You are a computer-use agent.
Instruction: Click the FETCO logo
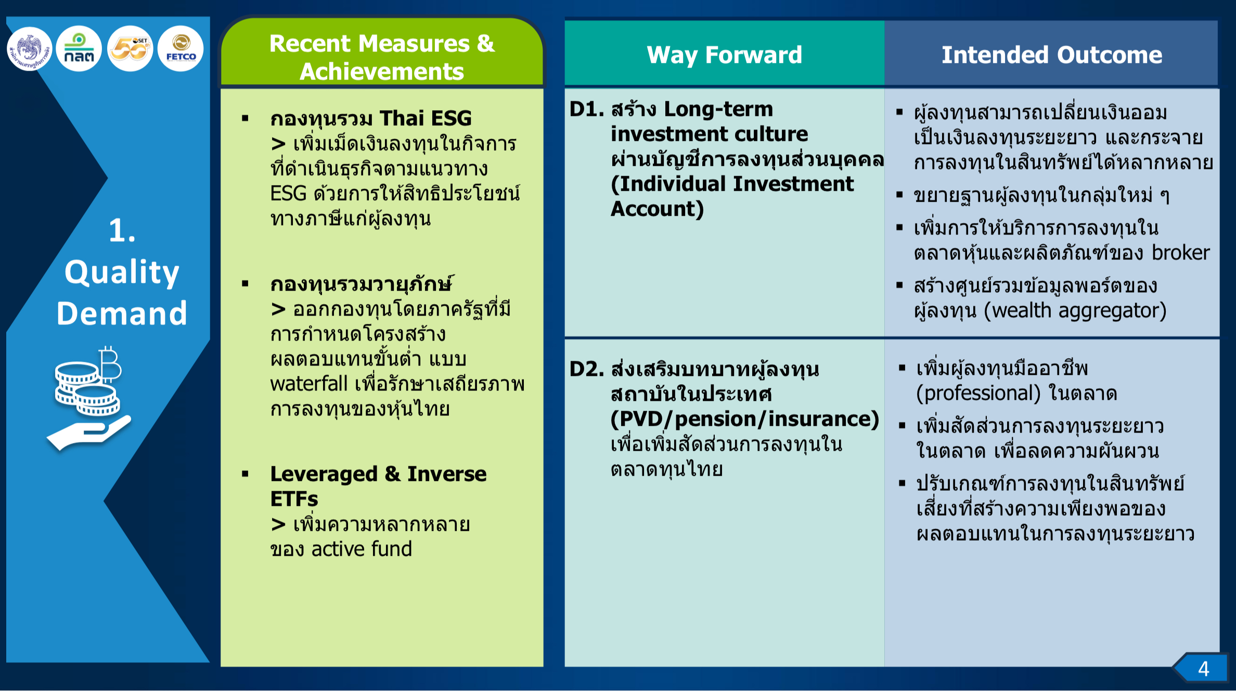coord(181,49)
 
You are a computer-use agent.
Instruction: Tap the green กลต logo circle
coord(79,49)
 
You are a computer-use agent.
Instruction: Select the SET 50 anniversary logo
coord(130,49)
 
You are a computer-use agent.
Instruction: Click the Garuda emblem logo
coord(30,49)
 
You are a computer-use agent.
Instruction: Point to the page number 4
coord(1203,669)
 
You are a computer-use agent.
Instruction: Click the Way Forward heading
coord(724,55)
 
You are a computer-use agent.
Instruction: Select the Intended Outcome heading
coord(1051,55)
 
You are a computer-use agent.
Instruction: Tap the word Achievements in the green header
coord(382,71)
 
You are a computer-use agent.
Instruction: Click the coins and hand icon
coord(89,398)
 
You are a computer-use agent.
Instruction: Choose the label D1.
coord(587,109)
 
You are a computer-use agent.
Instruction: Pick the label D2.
coord(587,369)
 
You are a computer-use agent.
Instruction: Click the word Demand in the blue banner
coord(122,313)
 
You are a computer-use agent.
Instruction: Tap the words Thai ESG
coord(426,119)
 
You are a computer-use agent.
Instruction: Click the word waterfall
coord(309,384)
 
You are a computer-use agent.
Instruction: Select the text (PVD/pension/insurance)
coord(745,419)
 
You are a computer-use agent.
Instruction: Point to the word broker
coord(1181,253)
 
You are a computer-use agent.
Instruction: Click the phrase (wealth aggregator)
coord(1075,311)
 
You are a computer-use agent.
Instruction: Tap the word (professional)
coord(978,394)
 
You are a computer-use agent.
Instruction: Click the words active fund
coord(362,549)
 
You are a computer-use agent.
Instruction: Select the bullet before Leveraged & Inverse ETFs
coord(245,474)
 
